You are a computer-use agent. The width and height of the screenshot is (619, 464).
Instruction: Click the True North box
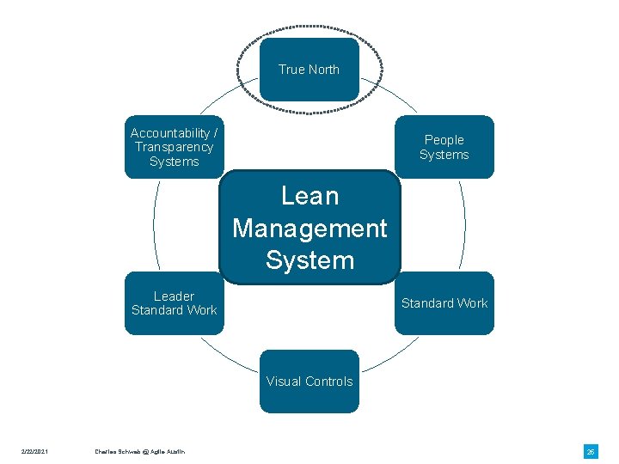point(309,69)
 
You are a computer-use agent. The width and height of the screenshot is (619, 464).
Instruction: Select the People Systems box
point(444,147)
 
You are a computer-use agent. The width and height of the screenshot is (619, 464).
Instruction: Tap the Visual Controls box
point(309,382)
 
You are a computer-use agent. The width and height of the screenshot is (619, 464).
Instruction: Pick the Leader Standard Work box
point(174,303)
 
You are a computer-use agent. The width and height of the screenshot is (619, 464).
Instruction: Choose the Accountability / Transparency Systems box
point(174,147)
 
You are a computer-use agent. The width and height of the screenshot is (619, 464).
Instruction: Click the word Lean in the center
point(309,196)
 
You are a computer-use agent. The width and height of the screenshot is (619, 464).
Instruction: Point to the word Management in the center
point(309,229)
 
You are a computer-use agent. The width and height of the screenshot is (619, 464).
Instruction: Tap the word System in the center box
point(309,260)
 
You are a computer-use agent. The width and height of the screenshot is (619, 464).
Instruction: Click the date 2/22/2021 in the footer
point(35,452)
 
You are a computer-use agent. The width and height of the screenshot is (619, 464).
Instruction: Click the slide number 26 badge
point(591,451)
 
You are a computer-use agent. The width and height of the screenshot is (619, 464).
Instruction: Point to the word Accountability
point(169,133)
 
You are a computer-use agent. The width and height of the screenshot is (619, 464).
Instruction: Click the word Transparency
point(174,147)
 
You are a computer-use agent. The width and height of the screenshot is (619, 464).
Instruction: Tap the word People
point(444,140)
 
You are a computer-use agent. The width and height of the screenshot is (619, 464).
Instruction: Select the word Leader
point(174,296)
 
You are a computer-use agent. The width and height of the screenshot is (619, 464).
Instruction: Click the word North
point(322,70)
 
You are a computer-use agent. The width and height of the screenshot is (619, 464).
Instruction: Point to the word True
point(291,70)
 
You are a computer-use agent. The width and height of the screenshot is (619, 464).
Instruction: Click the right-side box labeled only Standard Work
point(444,303)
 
